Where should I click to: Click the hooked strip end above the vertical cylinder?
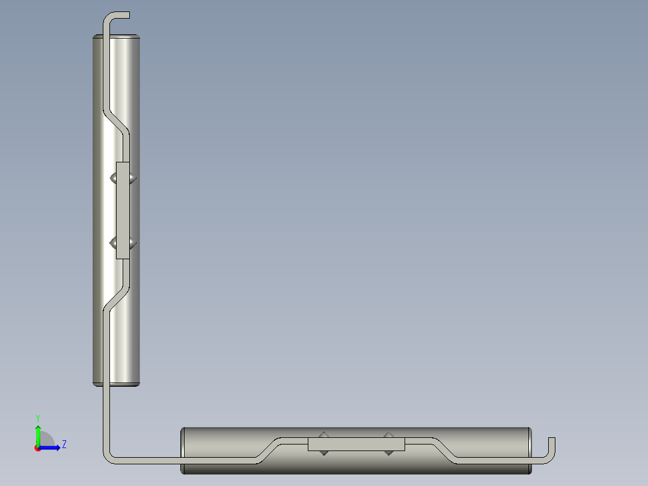tap(118, 15)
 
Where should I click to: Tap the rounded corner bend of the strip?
tap(110, 457)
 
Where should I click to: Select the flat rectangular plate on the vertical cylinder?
tap(123, 211)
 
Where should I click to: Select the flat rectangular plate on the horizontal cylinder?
tap(356, 444)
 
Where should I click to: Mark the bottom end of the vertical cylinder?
tap(117, 382)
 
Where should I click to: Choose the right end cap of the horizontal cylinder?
tap(529, 451)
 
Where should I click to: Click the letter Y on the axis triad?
tap(38, 417)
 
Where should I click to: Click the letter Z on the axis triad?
tap(64, 444)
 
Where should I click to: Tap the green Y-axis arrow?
tap(38, 434)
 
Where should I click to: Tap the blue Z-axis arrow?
tap(52, 448)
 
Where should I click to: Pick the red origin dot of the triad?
tap(38, 448)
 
